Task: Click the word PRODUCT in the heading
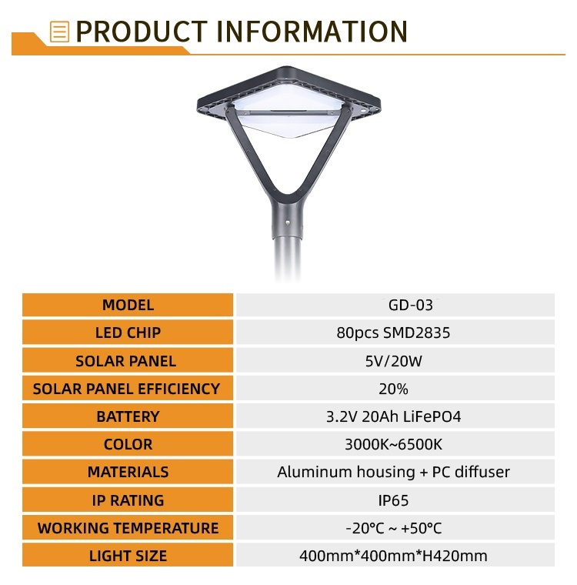point(142,32)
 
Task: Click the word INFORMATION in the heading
point(312,32)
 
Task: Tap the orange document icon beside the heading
point(60,32)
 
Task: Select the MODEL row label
point(128,305)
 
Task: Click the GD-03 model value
point(410,305)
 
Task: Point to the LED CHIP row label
point(128,333)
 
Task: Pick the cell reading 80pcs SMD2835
point(393,333)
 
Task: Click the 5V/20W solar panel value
point(393,361)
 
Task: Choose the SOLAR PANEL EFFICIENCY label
point(126,389)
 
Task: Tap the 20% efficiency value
point(393,389)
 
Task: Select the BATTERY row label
point(128,416)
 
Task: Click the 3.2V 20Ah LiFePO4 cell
point(393,416)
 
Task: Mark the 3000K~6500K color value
point(393,444)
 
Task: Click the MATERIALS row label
point(128,472)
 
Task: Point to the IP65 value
point(393,500)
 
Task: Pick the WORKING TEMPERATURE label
point(128,528)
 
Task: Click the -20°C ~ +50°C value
point(393,528)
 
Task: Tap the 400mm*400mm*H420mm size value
point(393,556)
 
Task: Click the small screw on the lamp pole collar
point(288,222)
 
